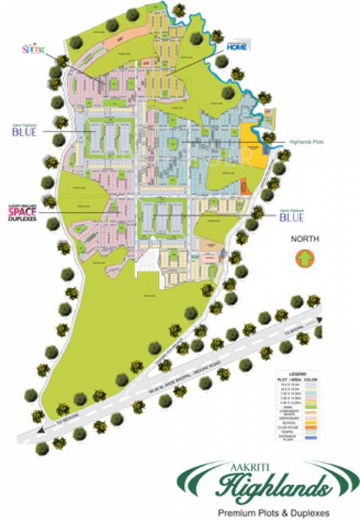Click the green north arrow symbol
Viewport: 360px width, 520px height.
[x=305, y=258]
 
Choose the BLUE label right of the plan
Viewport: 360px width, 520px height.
[x=293, y=217]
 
